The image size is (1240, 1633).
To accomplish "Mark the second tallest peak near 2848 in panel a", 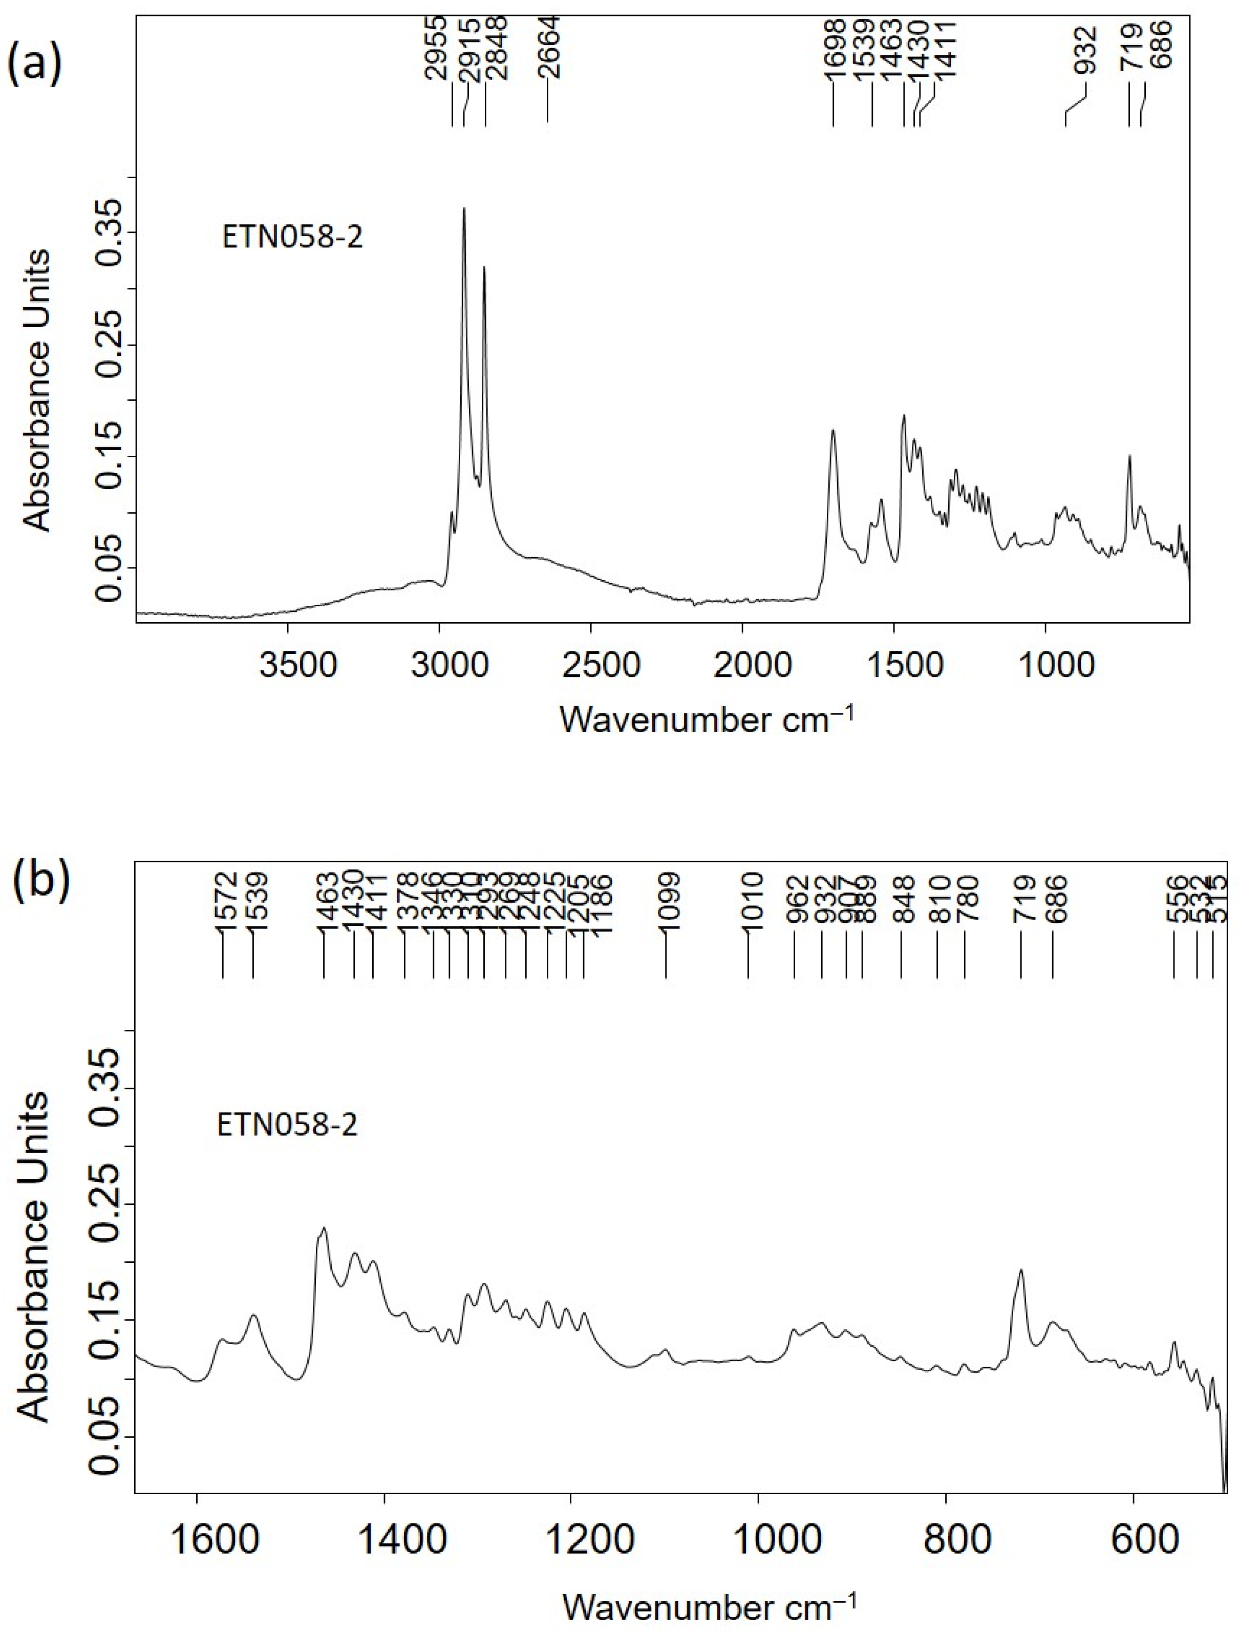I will [x=484, y=267].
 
